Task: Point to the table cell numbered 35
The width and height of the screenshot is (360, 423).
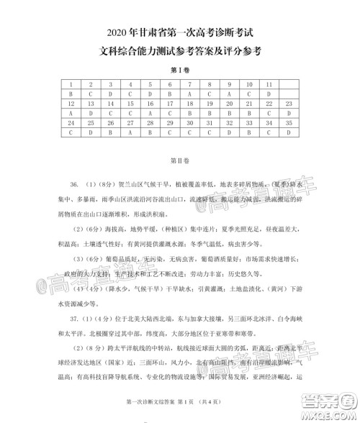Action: (x=288, y=123)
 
